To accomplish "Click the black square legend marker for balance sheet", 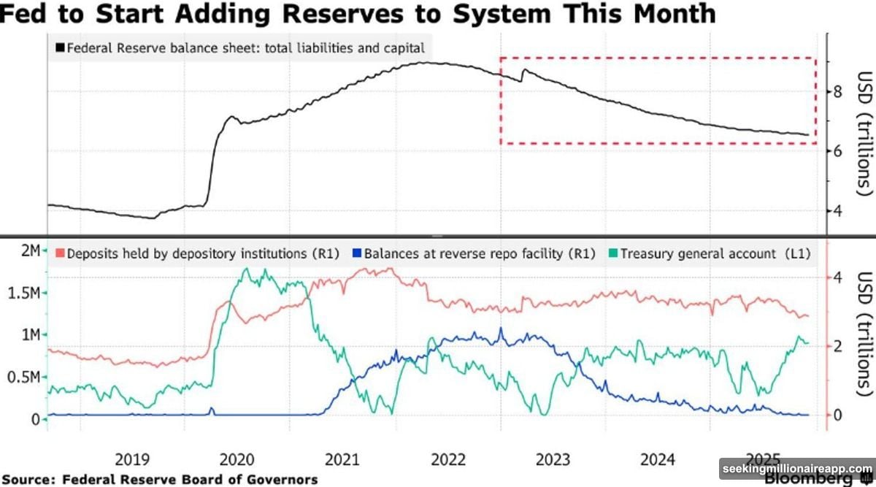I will (59, 49).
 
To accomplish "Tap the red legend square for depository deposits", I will (60, 253).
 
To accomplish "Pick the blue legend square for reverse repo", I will (357, 253).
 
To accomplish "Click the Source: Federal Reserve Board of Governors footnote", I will (160, 479).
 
